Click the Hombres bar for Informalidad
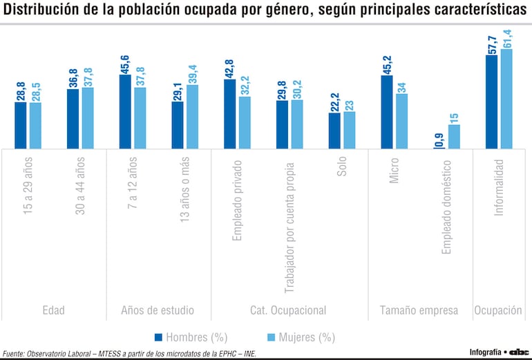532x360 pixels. [x=492, y=102]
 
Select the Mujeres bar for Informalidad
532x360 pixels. [x=506, y=98]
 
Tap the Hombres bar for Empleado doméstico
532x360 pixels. [x=439, y=147]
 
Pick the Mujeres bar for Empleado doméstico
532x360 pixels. [x=454, y=136]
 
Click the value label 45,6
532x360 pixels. [x=126, y=63]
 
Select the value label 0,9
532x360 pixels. [x=439, y=141]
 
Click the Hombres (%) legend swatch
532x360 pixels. [x=160, y=337]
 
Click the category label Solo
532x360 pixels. [x=343, y=169]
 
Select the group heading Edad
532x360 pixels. [x=53, y=310]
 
